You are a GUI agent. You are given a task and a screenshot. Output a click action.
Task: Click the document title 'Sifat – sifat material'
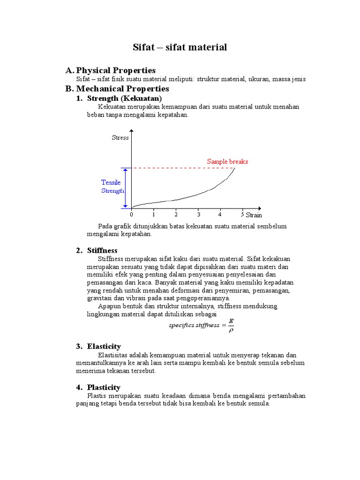click(x=180, y=47)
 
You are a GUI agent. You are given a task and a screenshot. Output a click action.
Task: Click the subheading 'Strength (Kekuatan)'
click(x=124, y=98)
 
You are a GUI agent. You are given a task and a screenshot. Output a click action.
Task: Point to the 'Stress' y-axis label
click(x=120, y=138)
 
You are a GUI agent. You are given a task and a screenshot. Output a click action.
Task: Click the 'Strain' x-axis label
click(x=254, y=215)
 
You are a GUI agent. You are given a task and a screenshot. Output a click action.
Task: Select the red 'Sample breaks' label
click(x=227, y=162)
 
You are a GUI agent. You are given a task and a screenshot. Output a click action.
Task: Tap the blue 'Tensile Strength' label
click(x=112, y=187)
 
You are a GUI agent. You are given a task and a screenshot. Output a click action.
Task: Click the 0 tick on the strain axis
click(x=132, y=215)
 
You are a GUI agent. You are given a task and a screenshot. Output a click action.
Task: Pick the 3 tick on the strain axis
click(x=198, y=215)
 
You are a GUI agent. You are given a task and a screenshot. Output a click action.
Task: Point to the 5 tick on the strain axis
click(x=242, y=215)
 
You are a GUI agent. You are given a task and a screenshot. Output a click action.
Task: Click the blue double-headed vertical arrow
click(x=125, y=187)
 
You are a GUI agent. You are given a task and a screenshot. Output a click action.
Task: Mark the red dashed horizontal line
click(x=183, y=168)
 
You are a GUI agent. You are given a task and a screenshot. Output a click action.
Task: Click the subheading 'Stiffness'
click(x=102, y=250)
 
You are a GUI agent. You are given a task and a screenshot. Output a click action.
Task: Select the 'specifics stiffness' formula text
click(x=194, y=325)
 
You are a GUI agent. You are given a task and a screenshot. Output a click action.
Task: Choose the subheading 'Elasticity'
click(x=104, y=346)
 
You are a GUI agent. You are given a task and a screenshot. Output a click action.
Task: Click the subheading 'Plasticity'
click(x=104, y=387)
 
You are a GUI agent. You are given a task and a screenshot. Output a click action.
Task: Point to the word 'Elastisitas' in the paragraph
click(x=112, y=355)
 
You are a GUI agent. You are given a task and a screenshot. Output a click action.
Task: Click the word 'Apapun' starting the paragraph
click(x=109, y=306)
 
